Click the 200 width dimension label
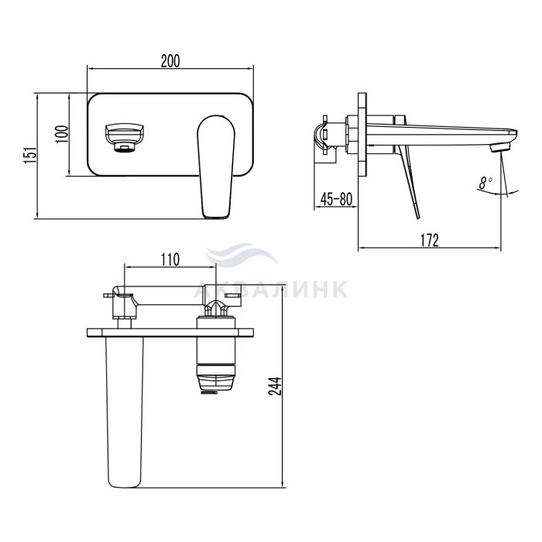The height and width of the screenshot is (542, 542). click(170, 61)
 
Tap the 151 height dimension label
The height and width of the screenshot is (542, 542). click(30, 155)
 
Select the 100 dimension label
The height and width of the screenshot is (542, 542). click(62, 135)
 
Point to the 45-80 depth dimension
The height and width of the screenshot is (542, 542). click(336, 199)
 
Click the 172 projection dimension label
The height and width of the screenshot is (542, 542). click(429, 240)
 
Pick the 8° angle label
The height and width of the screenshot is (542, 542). click(486, 182)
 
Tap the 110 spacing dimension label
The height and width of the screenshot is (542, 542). click(171, 259)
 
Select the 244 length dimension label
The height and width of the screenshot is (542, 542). click(276, 386)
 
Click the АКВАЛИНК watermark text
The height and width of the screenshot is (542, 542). click(271, 290)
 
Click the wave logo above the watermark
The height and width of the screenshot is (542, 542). click(242, 254)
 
